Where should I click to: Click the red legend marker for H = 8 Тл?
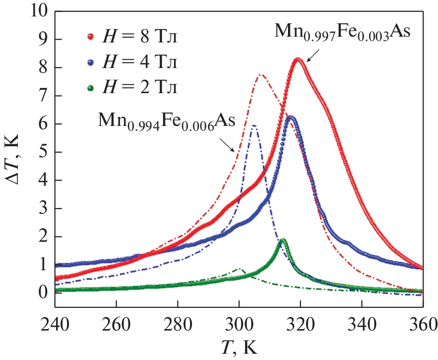tap(90, 36)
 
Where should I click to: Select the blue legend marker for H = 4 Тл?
tap(90, 62)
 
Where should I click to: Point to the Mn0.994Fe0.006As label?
tap(166, 120)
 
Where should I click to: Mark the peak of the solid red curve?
tap(298, 59)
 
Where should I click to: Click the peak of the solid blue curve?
tap(290, 117)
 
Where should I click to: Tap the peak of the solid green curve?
tap(283, 240)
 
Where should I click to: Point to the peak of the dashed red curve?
tap(260, 75)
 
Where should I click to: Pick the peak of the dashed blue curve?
tap(254, 125)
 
